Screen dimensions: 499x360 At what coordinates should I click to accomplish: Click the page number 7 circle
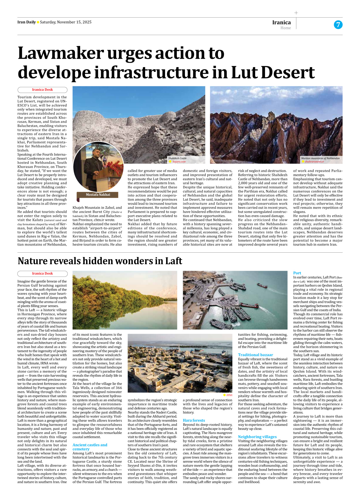[338, 25]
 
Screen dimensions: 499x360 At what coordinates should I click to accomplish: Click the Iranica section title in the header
[281, 22]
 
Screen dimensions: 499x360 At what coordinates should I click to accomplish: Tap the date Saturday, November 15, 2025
[66, 22]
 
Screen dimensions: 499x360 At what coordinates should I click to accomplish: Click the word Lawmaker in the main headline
[61, 53]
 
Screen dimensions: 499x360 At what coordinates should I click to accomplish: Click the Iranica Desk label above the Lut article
[42, 90]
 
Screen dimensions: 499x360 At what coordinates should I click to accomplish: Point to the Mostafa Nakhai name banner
[98, 195]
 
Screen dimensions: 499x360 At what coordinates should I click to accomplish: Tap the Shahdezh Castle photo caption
[177, 158]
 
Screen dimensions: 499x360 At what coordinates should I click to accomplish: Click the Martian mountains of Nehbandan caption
[320, 158]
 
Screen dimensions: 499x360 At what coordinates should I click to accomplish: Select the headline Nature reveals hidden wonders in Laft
[100, 261]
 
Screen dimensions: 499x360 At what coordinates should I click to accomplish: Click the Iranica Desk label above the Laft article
[42, 274]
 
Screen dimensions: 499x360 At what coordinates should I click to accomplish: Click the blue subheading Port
[297, 273]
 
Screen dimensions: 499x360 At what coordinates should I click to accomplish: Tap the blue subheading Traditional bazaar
[255, 355]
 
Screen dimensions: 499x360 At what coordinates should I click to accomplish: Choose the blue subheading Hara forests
[194, 420]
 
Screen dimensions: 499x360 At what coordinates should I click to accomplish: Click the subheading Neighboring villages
[257, 437]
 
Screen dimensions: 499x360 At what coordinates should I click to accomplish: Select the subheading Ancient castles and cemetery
[90, 447]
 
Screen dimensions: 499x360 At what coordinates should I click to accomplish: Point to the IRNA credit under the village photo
[229, 395]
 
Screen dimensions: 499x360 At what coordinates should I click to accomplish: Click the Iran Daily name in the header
[26, 22]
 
